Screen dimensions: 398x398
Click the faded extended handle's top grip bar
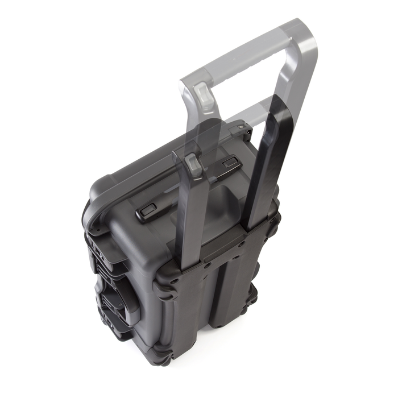click(x=244, y=51)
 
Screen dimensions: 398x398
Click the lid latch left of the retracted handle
click(x=147, y=211)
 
